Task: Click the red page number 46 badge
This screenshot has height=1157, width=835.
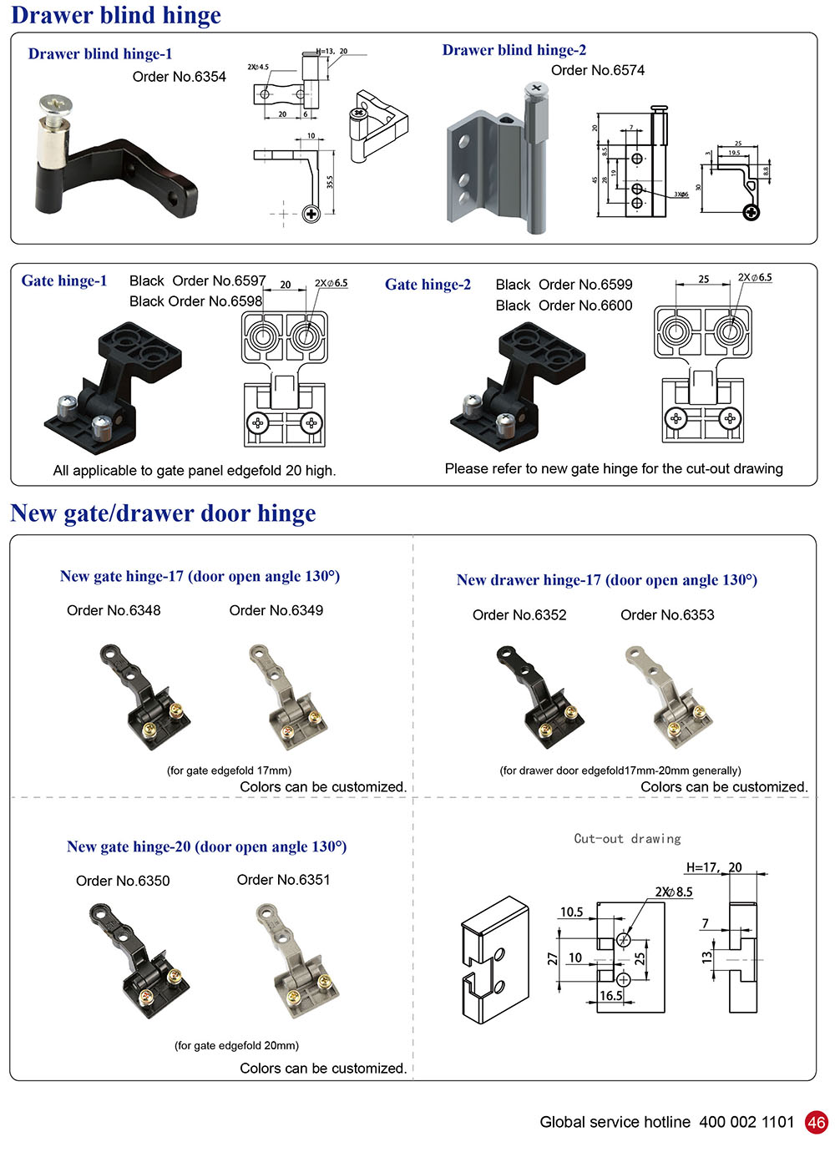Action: tap(816, 1122)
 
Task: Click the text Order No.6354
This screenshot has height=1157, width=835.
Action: tap(179, 77)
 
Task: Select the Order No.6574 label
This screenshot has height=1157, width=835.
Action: tap(597, 70)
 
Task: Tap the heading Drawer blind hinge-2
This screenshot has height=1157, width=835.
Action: tap(514, 50)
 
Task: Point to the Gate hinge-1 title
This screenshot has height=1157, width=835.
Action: tap(64, 280)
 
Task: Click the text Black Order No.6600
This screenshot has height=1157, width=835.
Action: tap(564, 306)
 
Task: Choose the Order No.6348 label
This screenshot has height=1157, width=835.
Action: tap(114, 610)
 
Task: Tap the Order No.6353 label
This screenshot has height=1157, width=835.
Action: tap(667, 615)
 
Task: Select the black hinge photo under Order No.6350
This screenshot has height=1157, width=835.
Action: tap(138, 960)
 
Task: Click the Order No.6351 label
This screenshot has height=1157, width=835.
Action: tap(283, 880)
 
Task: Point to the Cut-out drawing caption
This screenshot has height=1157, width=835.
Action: tap(627, 839)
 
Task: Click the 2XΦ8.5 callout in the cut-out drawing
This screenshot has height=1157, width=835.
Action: tap(674, 892)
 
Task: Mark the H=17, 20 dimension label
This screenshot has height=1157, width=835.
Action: tap(714, 867)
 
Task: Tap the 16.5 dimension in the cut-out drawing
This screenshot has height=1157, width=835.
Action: tap(610, 995)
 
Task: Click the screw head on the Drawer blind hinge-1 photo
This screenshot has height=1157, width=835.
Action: tap(55, 106)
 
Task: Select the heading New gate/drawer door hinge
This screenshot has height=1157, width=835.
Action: tap(164, 513)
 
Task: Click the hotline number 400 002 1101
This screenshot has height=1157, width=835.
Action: tap(746, 1122)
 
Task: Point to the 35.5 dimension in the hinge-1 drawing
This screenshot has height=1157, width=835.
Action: tap(331, 181)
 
